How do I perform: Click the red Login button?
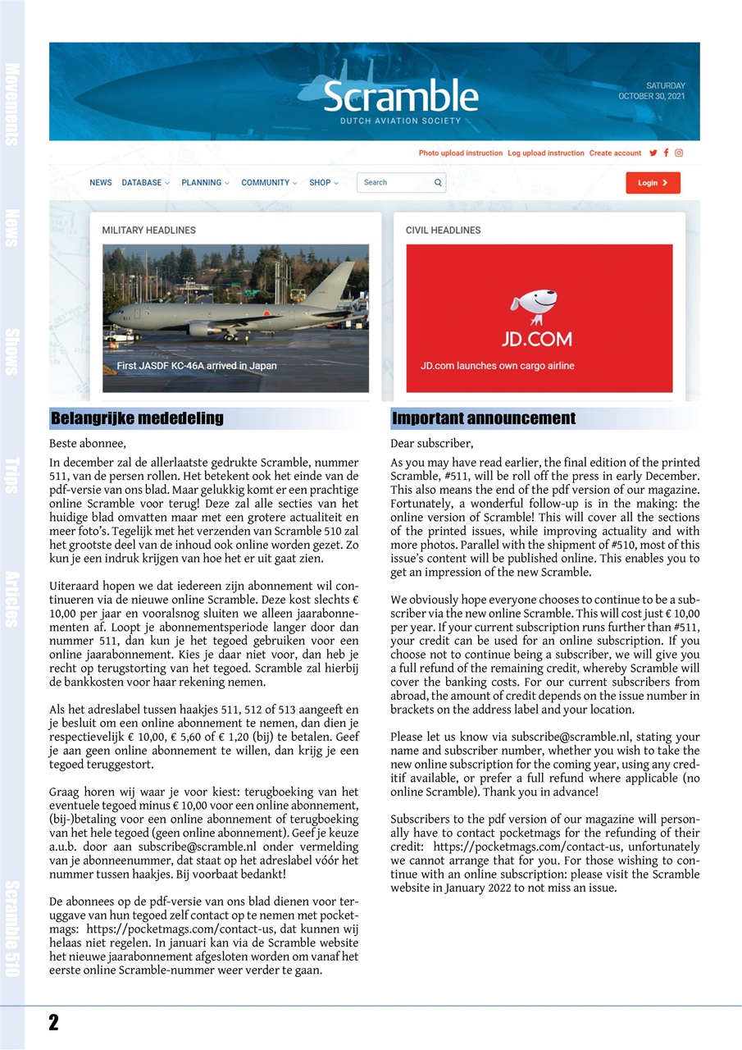(x=653, y=183)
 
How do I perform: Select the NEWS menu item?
(x=101, y=183)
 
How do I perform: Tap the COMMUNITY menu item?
(x=269, y=183)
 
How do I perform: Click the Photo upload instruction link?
(x=460, y=153)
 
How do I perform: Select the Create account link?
(x=615, y=153)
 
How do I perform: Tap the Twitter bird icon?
(x=653, y=153)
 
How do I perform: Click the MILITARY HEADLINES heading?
(x=148, y=231)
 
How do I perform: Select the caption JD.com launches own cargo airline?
(x=497, y=366)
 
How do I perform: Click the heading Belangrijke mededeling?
(x=137, y=419)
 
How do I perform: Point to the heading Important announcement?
(x=484, y=419)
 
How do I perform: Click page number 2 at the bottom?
(x=53, y=1022)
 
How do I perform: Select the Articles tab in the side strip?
(x=11, y=598)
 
